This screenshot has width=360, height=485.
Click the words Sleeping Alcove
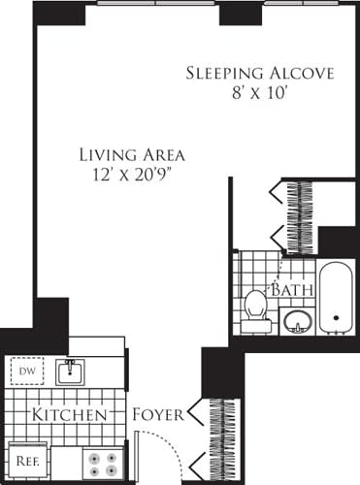[259, 74]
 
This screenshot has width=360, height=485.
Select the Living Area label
[133, 154]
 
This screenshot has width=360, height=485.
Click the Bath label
[290, 290]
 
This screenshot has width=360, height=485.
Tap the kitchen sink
[69, 372]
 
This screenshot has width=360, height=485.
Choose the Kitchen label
[69, 415]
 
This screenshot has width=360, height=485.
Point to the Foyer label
[158, 415]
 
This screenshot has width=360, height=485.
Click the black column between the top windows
[237, 13]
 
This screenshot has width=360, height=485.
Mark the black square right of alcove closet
[337, 241]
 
